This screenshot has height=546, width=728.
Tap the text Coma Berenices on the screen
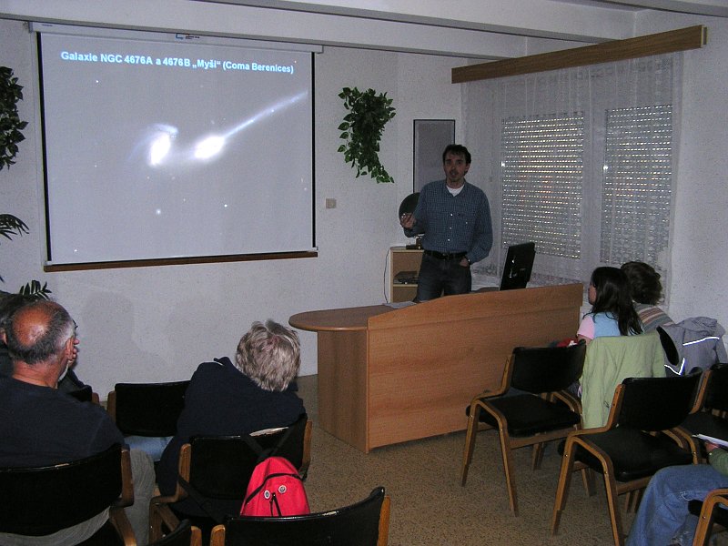tap(258, 67)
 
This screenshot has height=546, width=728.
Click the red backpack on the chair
tap(275, 487)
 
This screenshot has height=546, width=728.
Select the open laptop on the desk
tap(516, 266)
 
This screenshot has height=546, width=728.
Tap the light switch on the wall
tap(330, 203)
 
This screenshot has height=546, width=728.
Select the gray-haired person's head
tap(268, 354)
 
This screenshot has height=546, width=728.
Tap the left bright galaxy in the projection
tap(159, 147)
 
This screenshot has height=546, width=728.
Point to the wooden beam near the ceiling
tap(579, 55)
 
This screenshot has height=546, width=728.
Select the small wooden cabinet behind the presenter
tap(404, 275)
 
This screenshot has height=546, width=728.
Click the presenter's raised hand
tap(408, 220)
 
